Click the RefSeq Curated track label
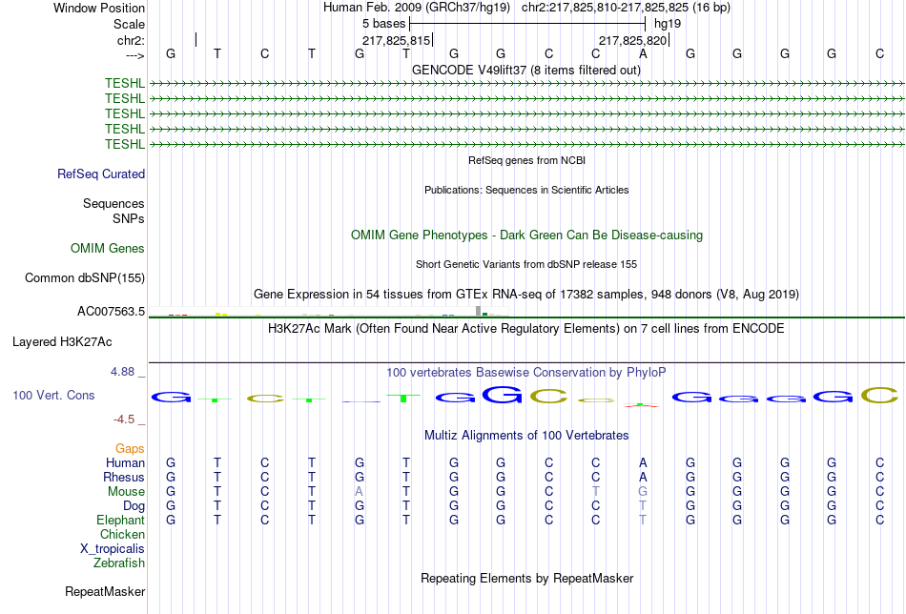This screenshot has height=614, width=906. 101,174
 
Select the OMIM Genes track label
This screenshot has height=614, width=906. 108,249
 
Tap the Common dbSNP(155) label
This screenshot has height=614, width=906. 85,278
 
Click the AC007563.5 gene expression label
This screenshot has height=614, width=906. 111,312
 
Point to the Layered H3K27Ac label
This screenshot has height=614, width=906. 62,341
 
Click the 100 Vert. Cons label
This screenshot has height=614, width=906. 53,395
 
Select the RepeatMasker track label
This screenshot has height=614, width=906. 105,592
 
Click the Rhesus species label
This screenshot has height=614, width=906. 124,478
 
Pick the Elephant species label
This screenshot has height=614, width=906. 120,521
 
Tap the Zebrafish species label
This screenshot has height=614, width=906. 119,563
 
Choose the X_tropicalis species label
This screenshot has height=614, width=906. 113,549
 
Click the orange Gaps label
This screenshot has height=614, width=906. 130,449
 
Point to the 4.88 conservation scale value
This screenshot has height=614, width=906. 124,372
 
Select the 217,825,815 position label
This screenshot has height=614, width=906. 397,40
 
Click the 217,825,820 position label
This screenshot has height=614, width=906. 632,40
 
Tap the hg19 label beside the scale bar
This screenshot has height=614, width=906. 668,23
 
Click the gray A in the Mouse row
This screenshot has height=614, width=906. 359,492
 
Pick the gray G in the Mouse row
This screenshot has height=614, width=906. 643,492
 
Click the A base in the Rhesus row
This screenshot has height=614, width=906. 643,478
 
